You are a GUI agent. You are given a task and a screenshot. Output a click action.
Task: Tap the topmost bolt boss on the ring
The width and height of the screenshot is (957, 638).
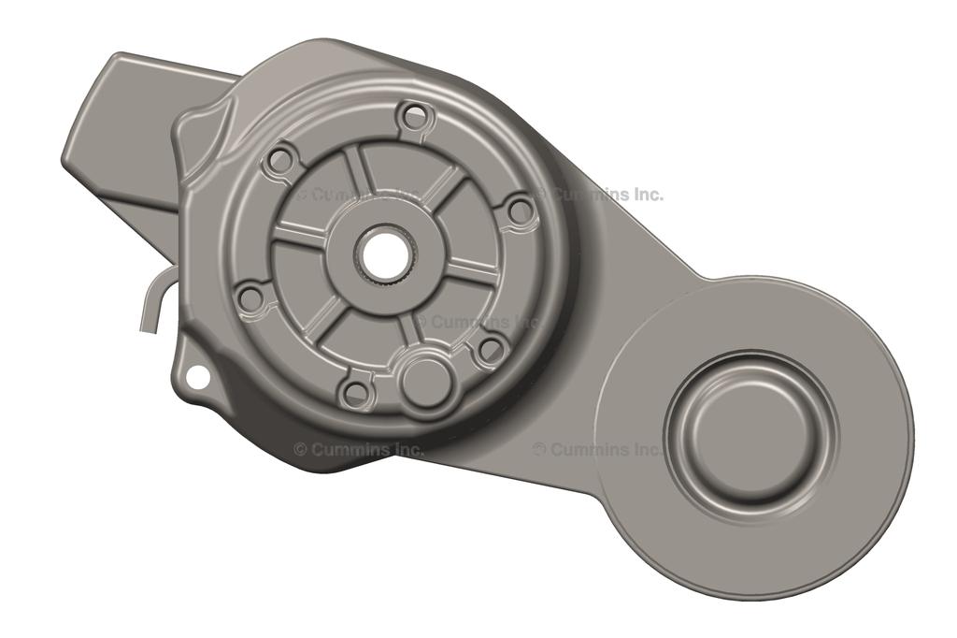412,118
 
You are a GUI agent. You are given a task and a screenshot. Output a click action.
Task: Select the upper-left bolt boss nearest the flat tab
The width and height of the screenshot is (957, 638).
279,160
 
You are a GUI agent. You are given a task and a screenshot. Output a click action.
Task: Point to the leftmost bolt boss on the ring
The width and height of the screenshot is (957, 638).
250,297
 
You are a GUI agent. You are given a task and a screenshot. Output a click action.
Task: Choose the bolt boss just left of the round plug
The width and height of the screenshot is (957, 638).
355,392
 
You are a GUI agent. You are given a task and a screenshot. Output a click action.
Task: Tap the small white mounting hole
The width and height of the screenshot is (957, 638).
197,376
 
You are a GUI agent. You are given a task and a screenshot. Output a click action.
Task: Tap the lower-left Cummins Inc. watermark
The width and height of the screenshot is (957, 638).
359,449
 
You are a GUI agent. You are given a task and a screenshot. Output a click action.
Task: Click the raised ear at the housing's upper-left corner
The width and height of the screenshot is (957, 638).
210,131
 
